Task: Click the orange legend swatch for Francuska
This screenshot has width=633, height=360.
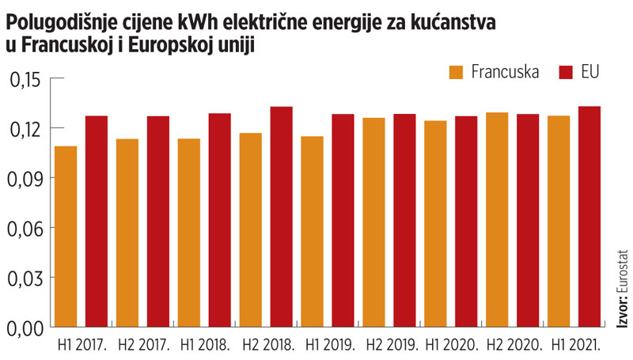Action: coord(457,72)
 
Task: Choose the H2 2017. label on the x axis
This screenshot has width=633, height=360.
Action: coord(142,346)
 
